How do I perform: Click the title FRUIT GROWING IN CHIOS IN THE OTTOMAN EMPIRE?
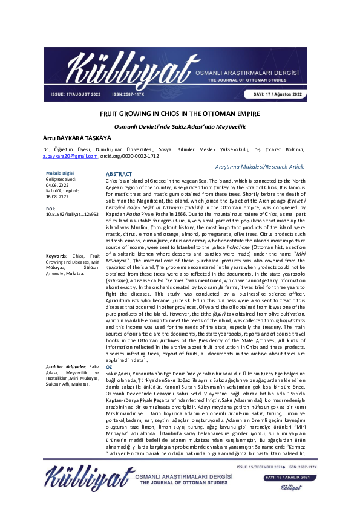tap(179, 114)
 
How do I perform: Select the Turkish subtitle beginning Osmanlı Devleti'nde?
tap(179, 126)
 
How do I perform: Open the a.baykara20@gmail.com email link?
tap(70, 156)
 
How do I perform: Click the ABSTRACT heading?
tap(119, 174)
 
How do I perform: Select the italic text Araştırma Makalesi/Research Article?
tap(278, 165)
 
